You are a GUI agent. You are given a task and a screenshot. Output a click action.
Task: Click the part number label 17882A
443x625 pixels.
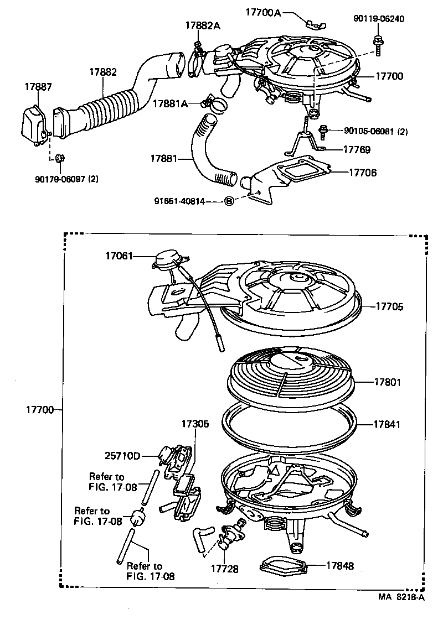coord(203,25)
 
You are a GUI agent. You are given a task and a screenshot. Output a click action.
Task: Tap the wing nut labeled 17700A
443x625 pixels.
coord(316,23)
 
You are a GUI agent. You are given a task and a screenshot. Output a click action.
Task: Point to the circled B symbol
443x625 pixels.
coord(229,201)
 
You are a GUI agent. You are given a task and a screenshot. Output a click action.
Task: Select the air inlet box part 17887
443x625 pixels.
coord(35,125)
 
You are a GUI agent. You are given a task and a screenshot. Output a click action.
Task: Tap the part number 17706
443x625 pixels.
coord(363,173)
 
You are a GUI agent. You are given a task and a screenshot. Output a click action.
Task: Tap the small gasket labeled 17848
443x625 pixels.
coord(282,565)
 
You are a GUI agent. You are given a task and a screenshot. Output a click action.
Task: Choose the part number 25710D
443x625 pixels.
coord(122,456)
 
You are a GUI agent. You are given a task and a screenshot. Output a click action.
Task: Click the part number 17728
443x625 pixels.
coord(225,568)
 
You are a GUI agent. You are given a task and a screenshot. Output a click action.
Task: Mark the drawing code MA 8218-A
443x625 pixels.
coord(401,597)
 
